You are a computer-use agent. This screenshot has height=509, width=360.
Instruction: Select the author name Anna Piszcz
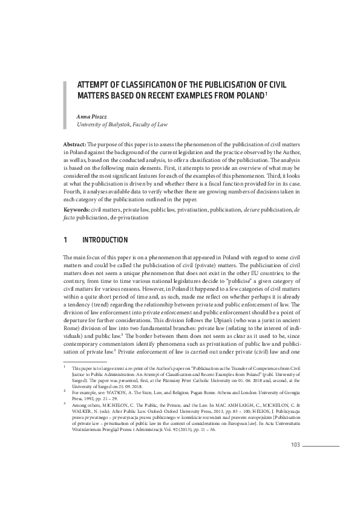[x=91, y=115]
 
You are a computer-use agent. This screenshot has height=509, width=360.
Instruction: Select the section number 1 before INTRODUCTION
[x=65, y=241]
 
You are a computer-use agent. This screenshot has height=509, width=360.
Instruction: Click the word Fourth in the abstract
[x=73, y=191]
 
